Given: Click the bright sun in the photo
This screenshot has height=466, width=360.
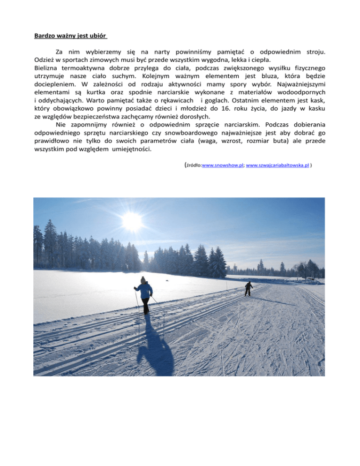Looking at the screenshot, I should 133,221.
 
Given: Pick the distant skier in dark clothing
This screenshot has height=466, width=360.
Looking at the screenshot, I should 248,288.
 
